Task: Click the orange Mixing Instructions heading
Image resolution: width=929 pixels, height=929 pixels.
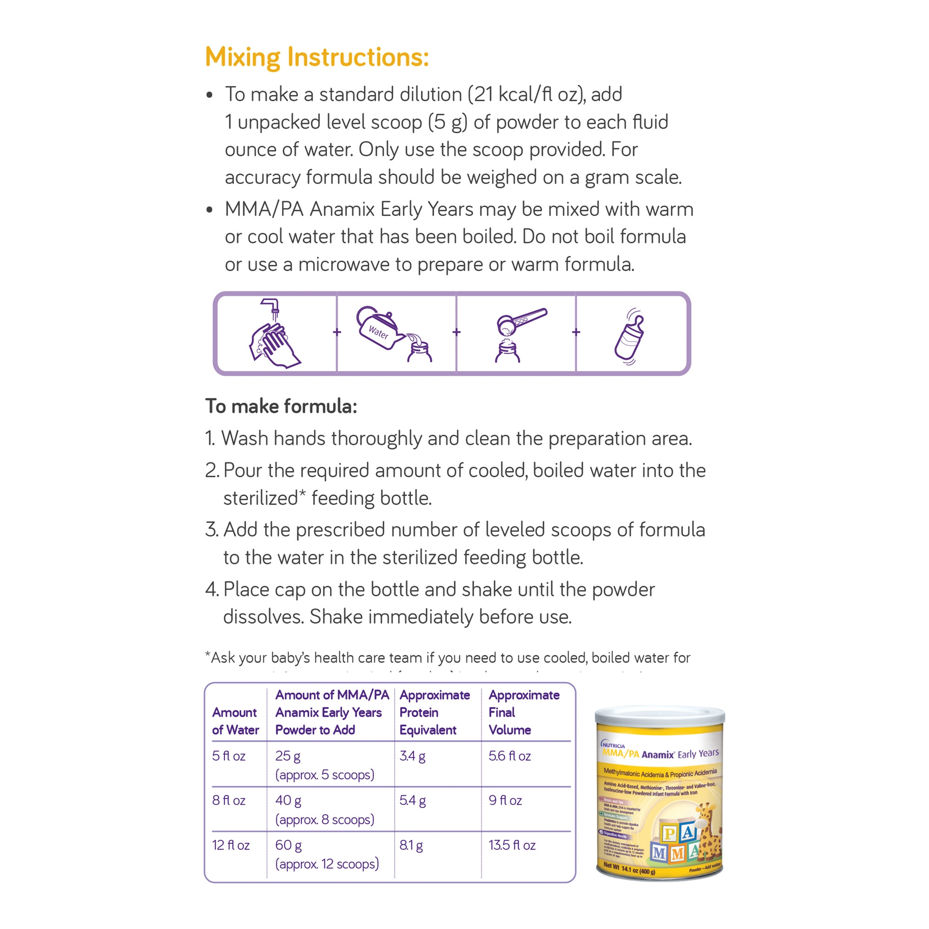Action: [316, 57]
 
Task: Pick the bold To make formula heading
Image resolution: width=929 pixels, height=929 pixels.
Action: [281, 406]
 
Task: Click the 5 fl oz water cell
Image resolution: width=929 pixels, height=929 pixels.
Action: [229, 756]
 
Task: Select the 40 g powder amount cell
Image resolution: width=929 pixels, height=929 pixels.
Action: [288, 800]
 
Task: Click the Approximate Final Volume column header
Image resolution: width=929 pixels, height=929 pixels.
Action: [523, 712]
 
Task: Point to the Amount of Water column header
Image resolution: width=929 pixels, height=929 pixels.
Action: [235, 721]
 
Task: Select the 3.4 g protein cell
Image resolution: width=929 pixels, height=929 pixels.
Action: [412, 756]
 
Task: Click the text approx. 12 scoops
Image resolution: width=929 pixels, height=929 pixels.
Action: [327, 864]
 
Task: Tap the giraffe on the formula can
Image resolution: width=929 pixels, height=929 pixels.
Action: [707, 832]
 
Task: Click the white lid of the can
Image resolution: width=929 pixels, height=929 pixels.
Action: [659, 715]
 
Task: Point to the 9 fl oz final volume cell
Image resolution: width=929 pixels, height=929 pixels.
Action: [505, 800]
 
